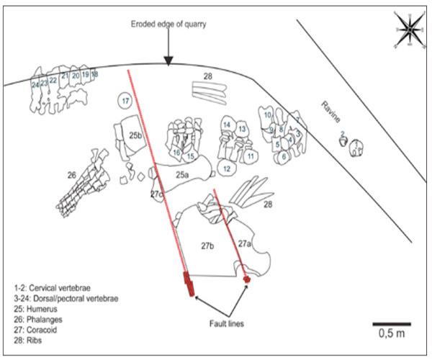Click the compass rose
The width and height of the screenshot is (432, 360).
coord(408,30)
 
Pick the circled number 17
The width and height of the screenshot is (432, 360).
coord(125,102)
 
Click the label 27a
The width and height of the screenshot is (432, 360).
coord(244,244)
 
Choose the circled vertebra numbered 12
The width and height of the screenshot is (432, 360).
coord(226,168)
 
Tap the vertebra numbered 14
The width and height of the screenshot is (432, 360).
coord(227,125)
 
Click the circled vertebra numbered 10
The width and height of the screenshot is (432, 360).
coord(267,114)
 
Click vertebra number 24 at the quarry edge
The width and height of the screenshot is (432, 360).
coord(35,84)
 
